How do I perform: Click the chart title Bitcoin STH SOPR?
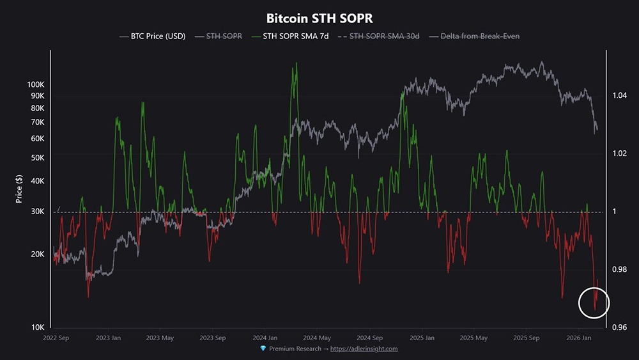click(x=319, y=19)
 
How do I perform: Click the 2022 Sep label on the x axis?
click(x=56, y=338)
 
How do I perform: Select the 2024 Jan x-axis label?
click(x=264, y=338)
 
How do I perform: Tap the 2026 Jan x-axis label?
click(x=579, y=338)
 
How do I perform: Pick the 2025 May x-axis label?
click(x=473, y=338)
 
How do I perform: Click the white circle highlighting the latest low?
click(x=595, y=302)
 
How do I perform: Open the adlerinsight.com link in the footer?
click(x=364, y=348)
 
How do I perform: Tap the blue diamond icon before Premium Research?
click(x=263, y=348)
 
